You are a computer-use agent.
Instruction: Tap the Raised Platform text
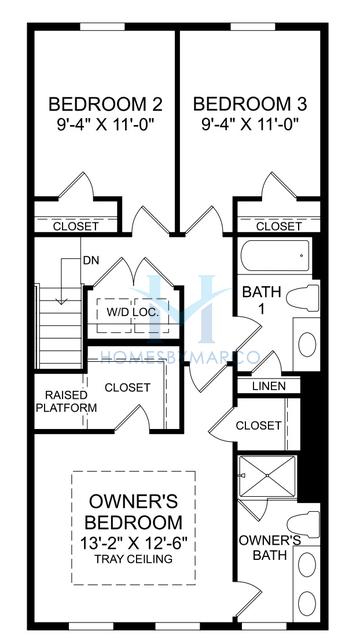[x=67, y=401]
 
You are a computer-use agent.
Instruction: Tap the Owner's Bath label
[x=268, y=548]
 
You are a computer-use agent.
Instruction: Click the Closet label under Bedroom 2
[x=74, y=227]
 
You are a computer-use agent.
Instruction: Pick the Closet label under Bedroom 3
[x=278, y=227]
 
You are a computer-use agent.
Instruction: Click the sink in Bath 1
[x=307, y=343]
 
